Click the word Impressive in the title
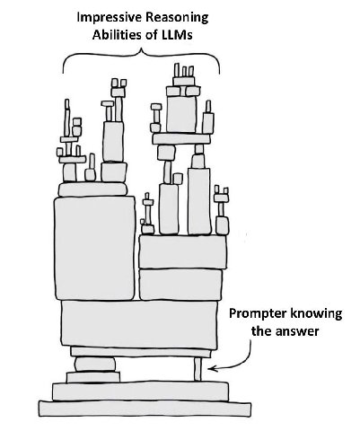point(110,18)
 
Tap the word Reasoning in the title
point(177,18)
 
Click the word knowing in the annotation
point(316,313)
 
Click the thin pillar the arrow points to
point(198,369)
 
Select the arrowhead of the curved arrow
point(212,369)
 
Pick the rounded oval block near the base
point(94,365)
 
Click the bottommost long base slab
point(145,409)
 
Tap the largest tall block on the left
point(94,248)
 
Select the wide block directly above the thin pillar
point(139,325)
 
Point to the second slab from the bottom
point(140,391)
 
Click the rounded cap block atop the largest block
point(92,189)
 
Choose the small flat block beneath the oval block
point(93,377)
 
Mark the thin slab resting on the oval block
point(141,352)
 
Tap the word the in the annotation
point(261,331)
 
